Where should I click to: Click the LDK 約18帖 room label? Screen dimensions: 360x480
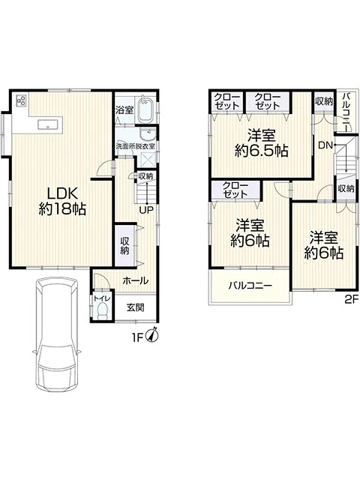pyautogui.click(x=62, y=201)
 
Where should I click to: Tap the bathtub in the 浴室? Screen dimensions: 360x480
pyautogui.click(x=145, y=109)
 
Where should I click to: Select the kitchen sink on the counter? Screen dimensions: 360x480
pyautogui.click(x=47, y=125)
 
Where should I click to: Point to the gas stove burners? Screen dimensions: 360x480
pyautogui.click(x=21, y=100)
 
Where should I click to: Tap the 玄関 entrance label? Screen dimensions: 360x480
pyautogui.click(x=135, y=307)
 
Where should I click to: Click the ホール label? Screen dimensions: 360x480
pyautogui.click(x=135, y=280)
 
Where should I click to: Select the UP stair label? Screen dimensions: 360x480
pyautogui.click(x=146, y=210)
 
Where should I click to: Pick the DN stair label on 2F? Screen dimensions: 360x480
pyautogui.click(x=325, y=145)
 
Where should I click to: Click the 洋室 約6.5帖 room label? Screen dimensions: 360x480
pyautogui.click(x=262, y=143)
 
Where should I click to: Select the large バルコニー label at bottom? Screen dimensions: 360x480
pyautogui.click(x=250, y=286)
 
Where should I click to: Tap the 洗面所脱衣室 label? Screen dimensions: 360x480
pyautogui.click(x=135, y=146)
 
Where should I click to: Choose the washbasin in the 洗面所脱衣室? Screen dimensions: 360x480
pyautogui.click(x=147, y=133)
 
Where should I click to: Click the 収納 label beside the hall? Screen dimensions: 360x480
pyautogui.click(x=124, y=246)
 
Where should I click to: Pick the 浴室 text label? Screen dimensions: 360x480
pyautogui.click(x=124, y=110)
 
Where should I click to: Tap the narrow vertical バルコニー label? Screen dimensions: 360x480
pyautogui.click(x=346, y=112)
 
